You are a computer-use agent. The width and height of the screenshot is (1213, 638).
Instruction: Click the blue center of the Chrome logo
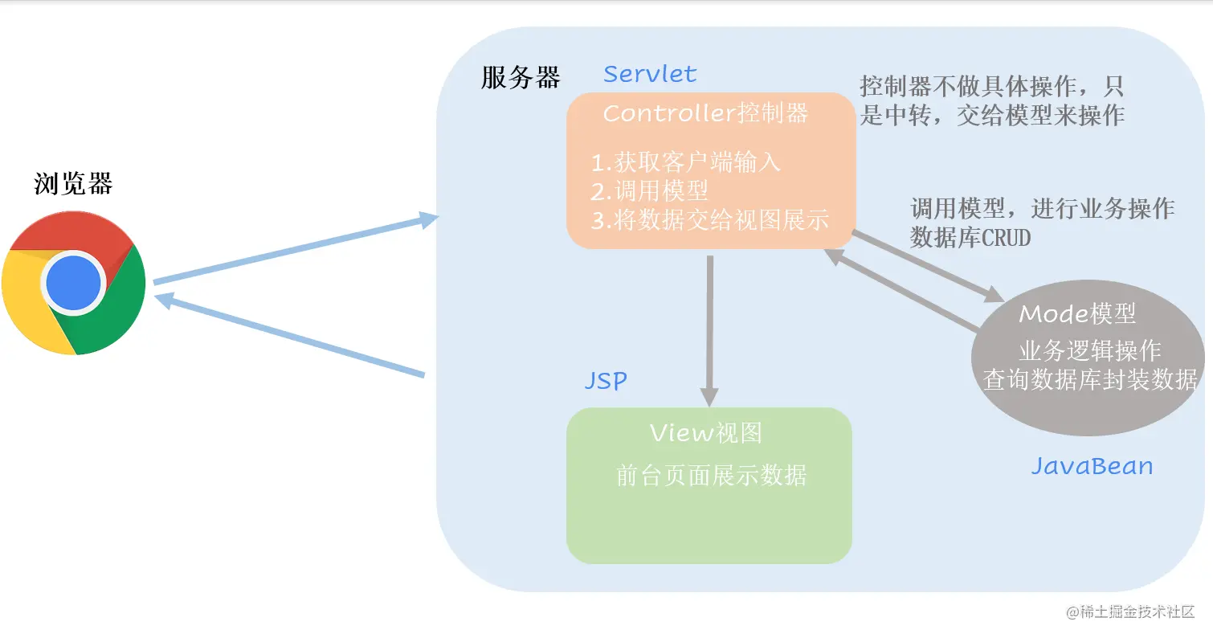coord(73,283)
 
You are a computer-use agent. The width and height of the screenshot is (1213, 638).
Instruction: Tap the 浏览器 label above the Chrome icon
coord(73,184)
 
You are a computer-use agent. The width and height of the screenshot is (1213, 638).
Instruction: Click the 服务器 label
coord(521,78)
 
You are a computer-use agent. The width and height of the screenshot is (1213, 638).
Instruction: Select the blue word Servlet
coord(650,75)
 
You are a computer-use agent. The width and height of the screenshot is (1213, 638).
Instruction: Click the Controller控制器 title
coord(705,113)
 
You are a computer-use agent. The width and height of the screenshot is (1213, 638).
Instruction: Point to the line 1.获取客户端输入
coord(685,162)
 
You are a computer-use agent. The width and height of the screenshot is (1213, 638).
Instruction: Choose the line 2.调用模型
coord(649,191)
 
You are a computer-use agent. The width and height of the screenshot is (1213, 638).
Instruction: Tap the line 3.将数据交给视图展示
coord(709,220)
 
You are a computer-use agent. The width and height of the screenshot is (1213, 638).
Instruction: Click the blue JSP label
coord(605,380)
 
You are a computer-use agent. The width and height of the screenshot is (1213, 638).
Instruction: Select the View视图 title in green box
coord(705,433)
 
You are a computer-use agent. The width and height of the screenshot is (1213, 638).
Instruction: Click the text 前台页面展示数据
coord(711,475)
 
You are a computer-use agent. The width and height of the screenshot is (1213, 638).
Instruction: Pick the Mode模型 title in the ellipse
coord(1077,314)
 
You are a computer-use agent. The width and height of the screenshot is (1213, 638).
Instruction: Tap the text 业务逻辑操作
coord(1089,351)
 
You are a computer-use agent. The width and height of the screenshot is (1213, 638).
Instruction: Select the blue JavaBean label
coord(1092,466)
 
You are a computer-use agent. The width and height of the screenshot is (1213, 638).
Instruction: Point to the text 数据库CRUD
coord(970,238)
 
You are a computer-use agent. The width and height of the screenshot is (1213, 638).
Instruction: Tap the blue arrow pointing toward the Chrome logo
coord(289,336)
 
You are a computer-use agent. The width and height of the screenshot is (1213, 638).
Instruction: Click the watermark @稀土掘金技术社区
coord(1130,612)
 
